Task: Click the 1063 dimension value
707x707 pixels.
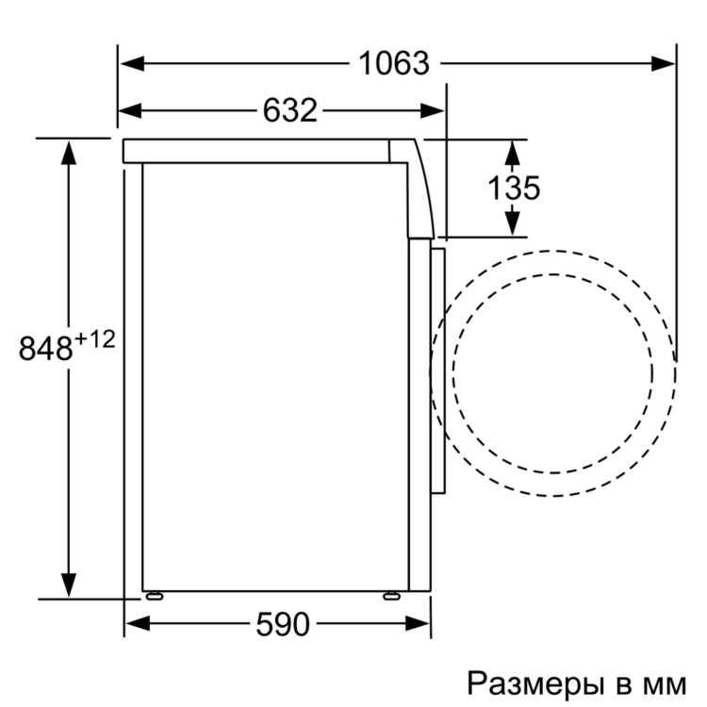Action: point(394,64)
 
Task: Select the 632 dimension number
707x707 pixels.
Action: point(289,110)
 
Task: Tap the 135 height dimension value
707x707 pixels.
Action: point(514,189)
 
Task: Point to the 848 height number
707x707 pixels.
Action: point(46,348)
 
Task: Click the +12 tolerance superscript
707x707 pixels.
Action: point(95,339)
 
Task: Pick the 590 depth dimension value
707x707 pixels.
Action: point(282,623)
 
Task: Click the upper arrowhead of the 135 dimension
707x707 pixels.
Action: point(513,152)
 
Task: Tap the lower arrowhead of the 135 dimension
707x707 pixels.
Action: point(513,223)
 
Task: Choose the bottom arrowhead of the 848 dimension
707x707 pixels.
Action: point(69,585)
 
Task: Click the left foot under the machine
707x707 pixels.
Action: point(151,595)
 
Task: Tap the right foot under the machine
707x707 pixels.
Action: point(390,595)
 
